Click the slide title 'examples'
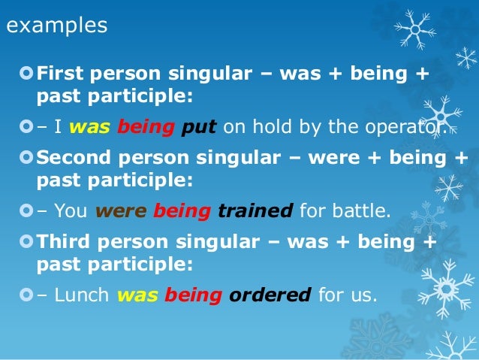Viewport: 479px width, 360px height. (57, 26)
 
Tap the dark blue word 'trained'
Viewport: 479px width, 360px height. (255, 211)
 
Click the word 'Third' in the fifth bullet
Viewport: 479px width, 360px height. (61, 243)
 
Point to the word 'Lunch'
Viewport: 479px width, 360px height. (79, 295)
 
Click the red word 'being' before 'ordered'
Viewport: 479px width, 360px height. (193, 295)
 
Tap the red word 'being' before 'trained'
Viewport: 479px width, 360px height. (182, 211)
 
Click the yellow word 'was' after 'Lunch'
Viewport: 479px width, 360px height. (137, 295)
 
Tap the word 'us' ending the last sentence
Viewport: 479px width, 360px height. (363, 295)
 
